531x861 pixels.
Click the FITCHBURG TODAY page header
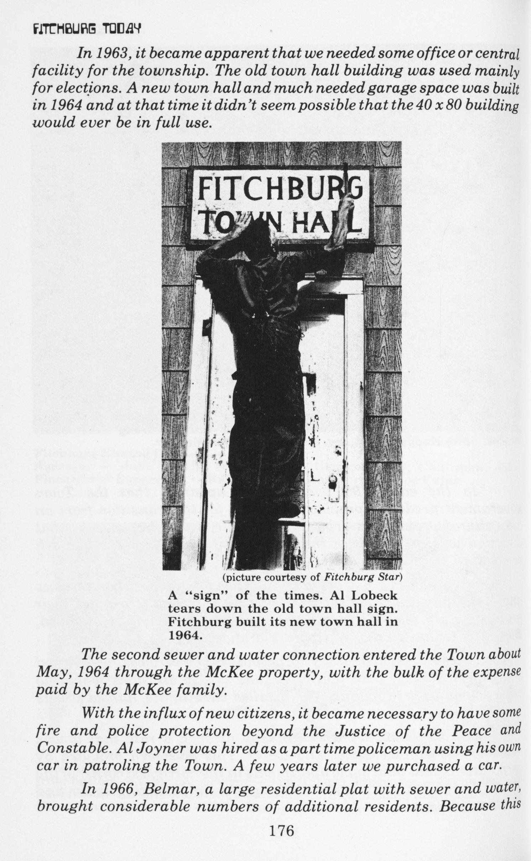pyautogui.click(x=87, y=29)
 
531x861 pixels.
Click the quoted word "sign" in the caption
pyautogui.click(x=202, y=596)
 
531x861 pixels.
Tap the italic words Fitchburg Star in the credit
pyautogui.click(x=363, y=577)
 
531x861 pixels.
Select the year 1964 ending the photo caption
pyautogui.click(x=185, y=635)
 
